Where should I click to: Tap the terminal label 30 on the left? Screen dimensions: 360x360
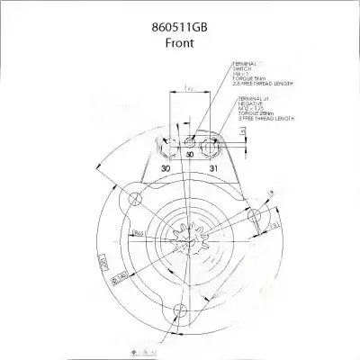coord(165,168)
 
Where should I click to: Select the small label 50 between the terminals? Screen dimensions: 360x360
coord(190,156)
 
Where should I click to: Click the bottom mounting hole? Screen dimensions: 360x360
coord(178,312)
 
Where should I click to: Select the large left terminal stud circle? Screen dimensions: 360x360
coord(165,145)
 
